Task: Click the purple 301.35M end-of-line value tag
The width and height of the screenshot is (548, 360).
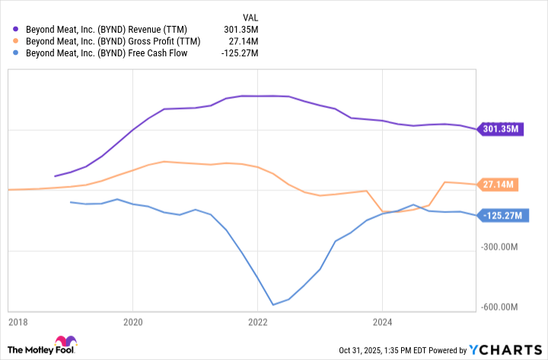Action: click(501, 129)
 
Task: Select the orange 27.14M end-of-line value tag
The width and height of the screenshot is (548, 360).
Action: click(499, 184)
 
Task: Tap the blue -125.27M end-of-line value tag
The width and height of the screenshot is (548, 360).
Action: click(503, 216)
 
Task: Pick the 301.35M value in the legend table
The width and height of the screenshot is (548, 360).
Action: click(242, 29)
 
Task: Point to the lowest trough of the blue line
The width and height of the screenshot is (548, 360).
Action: click(272, 305)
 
